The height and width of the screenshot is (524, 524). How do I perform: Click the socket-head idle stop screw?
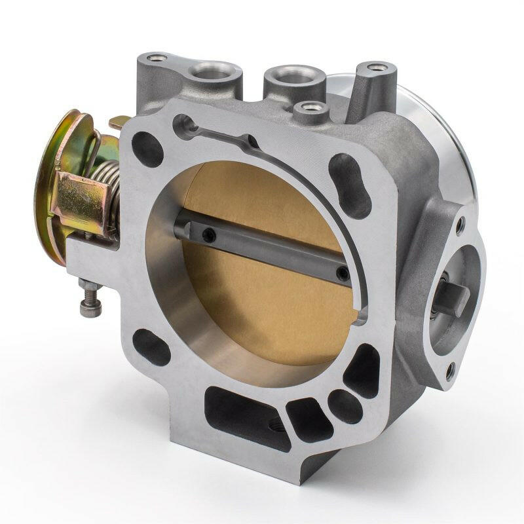click(x=88, y=299)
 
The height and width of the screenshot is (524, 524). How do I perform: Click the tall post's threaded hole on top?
click(x=375, y=67)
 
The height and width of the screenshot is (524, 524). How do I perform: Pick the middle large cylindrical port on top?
click(x=289, y=77)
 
